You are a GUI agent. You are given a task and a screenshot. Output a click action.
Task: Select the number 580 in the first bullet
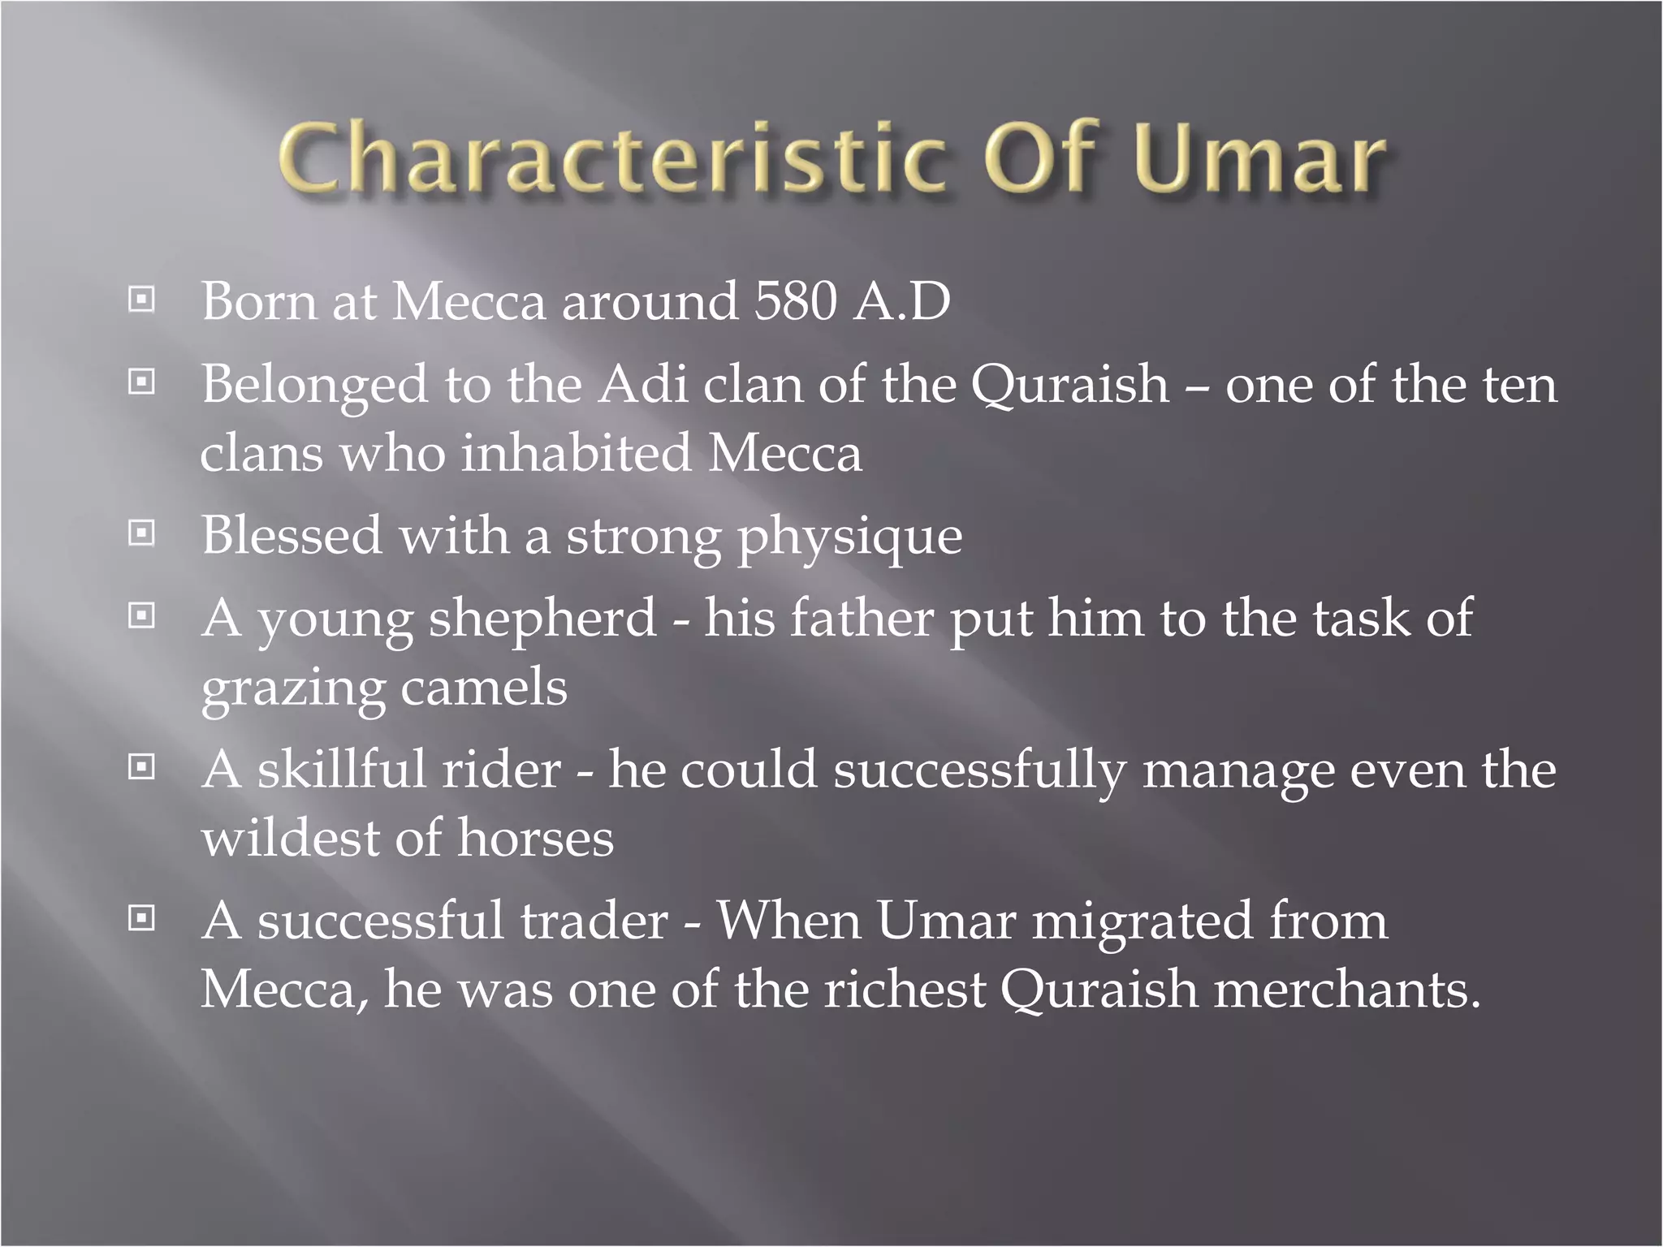click(x=795, y=301)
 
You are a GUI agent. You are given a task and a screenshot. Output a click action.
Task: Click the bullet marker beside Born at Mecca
click(x=141, y=300)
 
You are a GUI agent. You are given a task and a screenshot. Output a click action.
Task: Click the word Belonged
click(x=314, y=386)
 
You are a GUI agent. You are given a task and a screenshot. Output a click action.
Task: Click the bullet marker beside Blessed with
click(x=141, y=533)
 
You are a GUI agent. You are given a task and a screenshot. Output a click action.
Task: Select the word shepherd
click(x=542, y=619)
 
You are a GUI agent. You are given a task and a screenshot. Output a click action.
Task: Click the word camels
click(x=484, y=688)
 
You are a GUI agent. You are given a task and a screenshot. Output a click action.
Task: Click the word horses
click(x=536, y=839)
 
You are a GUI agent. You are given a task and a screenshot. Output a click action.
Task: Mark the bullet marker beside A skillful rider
click(x=141, y=766)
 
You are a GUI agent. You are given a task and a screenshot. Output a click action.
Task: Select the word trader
click(x=594, y=921)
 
